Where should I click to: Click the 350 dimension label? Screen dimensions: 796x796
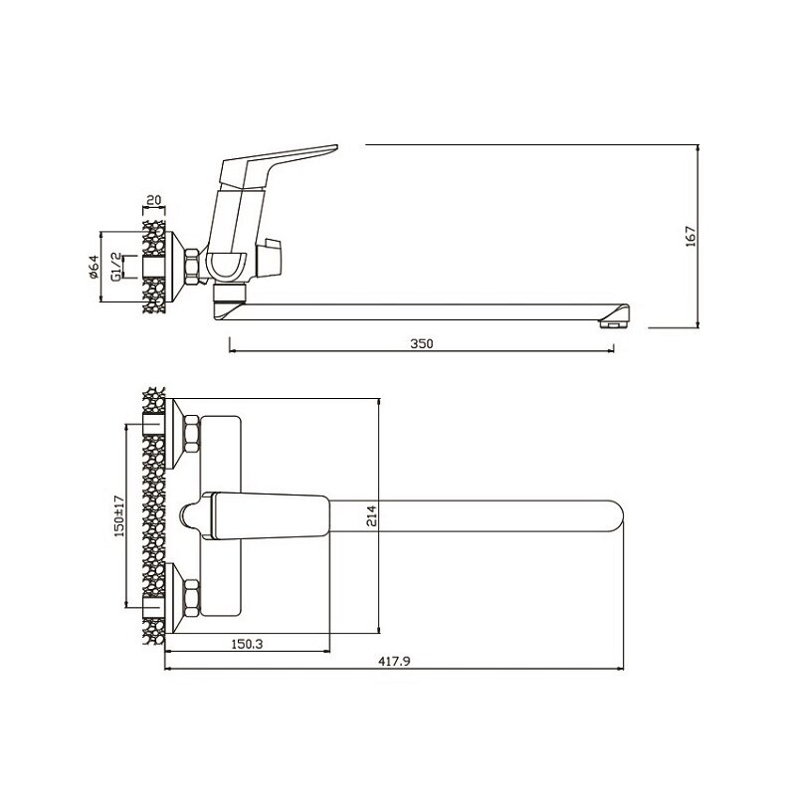(x=421, y=343)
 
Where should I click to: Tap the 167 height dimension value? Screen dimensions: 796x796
(x=691, y=237)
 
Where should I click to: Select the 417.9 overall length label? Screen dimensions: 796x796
(x=394, y=661)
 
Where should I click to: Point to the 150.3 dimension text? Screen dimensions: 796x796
(x=247, y=644)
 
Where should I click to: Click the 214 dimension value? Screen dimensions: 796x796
(x=372, y=515)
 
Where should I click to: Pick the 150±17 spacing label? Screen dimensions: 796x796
(x=119, y=515)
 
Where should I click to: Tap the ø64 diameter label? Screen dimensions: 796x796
(x=93, y=267)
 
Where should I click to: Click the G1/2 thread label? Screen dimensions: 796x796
(x=116, y=267)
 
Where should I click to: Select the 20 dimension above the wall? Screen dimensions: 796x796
(x=153, y=200)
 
